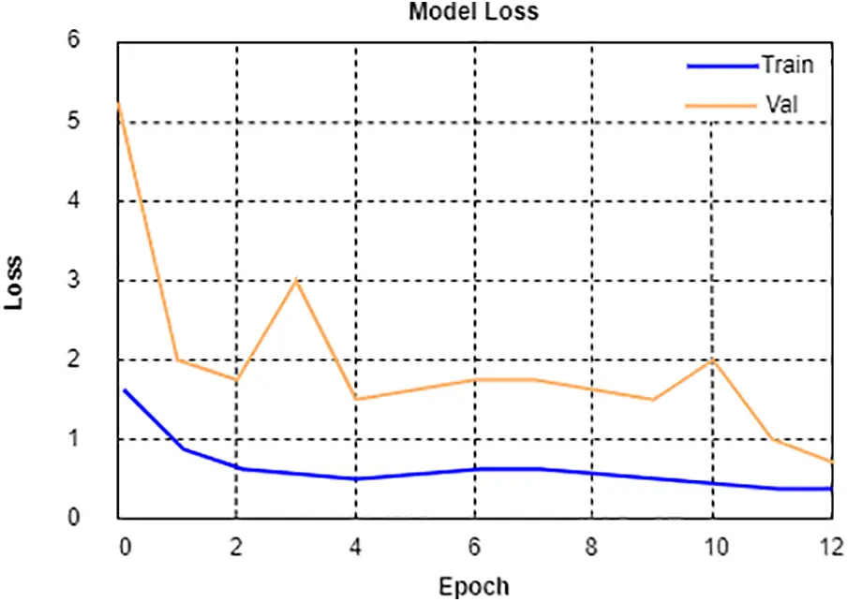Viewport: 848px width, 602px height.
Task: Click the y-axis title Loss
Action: pyautogui.click(x=17, y=282)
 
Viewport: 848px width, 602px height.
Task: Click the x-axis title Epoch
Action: pyautogui.click(x=474, y=587)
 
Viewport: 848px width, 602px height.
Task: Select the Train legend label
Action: pyautogui.click(x=786, y=66)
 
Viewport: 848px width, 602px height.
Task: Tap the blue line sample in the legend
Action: pyautogui.click(x=721, y=66)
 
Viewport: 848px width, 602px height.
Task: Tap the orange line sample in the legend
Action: pyautogui.click(x=721, y=106)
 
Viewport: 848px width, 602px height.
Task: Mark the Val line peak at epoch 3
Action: pyautogui.click(x=296, y=280)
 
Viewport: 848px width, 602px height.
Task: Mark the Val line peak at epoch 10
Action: pyautogui.click(x=712, y=360)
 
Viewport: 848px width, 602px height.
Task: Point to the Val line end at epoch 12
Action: pyautogui.click(x=831, y=462)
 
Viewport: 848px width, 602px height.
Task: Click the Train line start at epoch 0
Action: pyautogui.click(x=124, y=390)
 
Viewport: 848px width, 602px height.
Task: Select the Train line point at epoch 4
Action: pyautogui.click(x=355, y=478)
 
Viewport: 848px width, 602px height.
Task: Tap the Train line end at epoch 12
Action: pyautogui.click(x=831, y=489)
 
